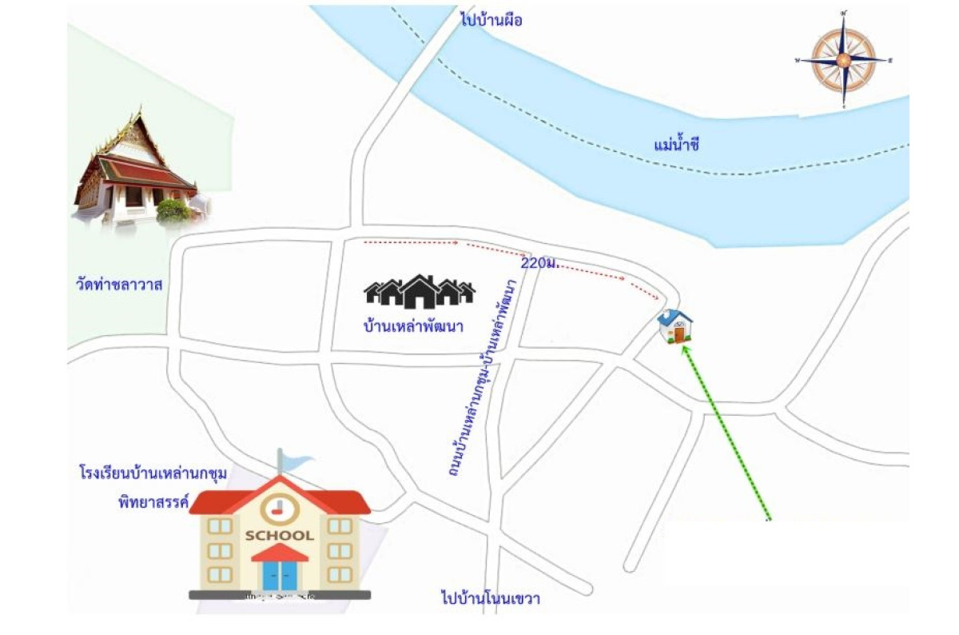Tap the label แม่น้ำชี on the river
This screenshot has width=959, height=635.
676,145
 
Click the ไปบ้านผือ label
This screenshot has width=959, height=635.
491,20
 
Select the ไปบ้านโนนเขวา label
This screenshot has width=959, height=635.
490,598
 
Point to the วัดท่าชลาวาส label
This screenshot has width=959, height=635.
120,284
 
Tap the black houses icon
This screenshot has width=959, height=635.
420,292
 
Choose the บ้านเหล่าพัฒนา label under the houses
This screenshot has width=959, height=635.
413,327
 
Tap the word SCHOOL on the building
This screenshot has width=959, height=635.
279,535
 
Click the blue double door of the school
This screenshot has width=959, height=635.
279,575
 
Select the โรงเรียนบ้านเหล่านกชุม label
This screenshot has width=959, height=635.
153,473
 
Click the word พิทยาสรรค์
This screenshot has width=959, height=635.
150,503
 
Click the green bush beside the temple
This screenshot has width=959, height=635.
173,210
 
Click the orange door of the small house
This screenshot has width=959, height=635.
678,334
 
